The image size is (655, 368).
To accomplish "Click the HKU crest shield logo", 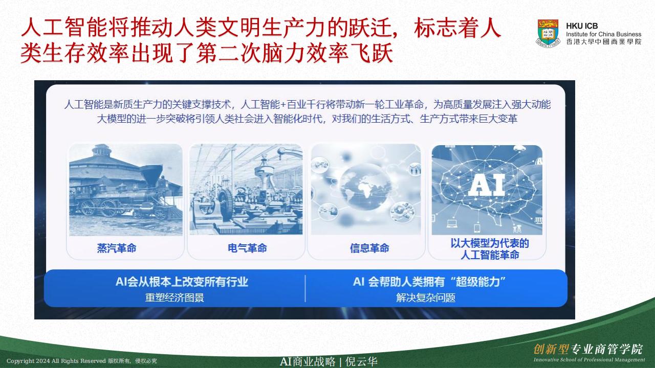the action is (548, 33).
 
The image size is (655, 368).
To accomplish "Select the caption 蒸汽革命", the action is (117, 248).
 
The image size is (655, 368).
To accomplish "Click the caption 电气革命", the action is (247, 248).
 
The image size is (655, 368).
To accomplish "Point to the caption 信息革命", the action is (369, 248).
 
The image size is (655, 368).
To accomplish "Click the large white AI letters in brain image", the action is (487, 185).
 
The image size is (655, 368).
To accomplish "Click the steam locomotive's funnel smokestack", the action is (151, 175).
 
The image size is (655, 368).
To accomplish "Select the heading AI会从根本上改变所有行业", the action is (182, 282).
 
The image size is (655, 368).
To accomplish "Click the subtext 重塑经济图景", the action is (174, 297).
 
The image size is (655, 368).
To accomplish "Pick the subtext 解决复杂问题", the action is (426, 297).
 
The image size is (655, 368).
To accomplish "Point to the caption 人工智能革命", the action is (490, 255).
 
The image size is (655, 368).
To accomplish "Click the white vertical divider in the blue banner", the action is (305, 289).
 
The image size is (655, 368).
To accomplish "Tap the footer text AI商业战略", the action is (308, 361).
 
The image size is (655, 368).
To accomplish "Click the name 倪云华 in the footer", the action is (361, 361).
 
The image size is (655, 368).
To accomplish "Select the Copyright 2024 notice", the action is (81, 361).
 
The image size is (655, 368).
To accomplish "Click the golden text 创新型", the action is (551, 349).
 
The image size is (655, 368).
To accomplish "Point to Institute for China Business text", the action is (603, 34).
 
